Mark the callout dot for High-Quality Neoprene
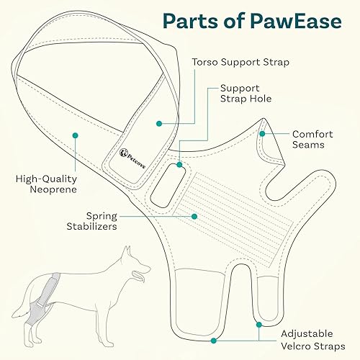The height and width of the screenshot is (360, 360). (74, 135)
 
